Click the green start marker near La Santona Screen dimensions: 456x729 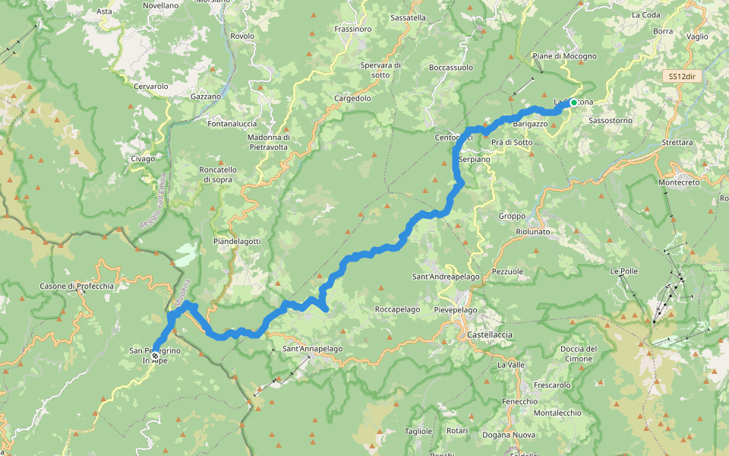click(574, 103)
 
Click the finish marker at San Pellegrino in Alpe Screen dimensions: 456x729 click(155, 356)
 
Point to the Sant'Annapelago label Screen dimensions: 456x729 click(312, 349)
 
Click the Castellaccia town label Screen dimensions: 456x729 click(485, 334)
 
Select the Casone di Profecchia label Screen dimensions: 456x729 click(77, 287)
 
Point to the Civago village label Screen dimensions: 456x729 click(142, 159)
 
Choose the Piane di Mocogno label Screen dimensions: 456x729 click(564, 56)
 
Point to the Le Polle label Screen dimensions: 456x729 click(623, 271)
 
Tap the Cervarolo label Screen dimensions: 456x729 click(150, 87)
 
